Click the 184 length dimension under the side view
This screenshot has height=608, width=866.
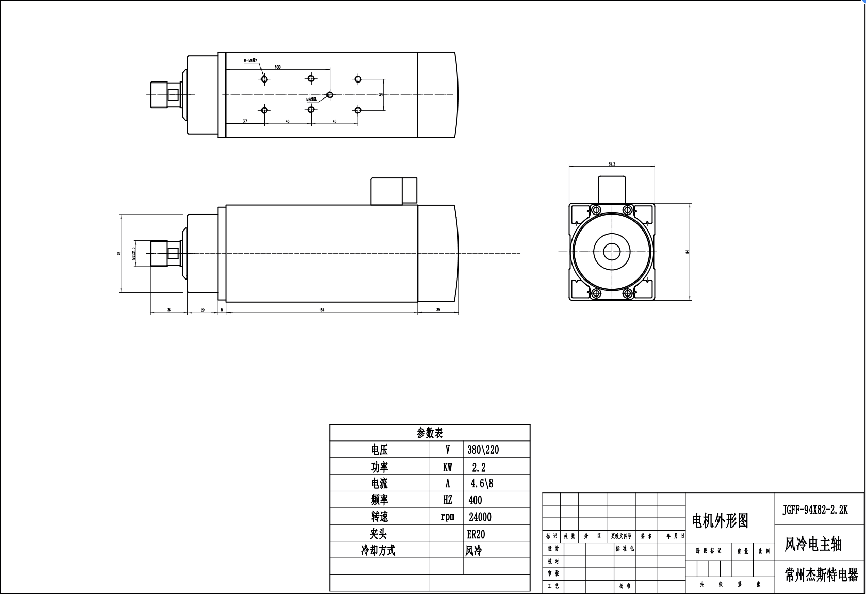click(x=321, y=310)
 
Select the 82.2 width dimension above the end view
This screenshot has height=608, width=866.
click(x=612, y=163)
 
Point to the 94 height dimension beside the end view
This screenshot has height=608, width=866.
click(x=687, y=252)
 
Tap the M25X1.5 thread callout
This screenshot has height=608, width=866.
click(x=133, y=253)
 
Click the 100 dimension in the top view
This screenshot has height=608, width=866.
click(x=277, y=67)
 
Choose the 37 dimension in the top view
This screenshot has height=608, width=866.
click(x=245, y=121)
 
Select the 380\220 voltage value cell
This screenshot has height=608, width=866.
click(x=483, y=450)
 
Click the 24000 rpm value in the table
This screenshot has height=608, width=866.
click(x=480, y=517)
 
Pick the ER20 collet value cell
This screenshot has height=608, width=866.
click(x=476, y=534)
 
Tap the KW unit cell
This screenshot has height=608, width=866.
click(x=447, y=467)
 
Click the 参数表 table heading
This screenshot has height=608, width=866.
click(x=430, y=433)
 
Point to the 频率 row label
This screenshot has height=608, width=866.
click(x=379, y=500)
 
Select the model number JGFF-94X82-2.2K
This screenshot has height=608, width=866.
click(x=814, y=510)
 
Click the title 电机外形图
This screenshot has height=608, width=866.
click(x=720, y=521)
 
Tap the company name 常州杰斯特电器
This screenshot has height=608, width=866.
click(x=821, y=575)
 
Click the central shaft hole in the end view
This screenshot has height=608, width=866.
click(x=612, y=252)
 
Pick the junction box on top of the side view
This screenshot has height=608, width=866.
click(x=394, y=191)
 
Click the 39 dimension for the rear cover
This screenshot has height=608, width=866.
click(x=438, y=310)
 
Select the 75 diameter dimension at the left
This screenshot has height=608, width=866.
click(x=119, y=253)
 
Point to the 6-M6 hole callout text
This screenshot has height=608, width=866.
click(x=250, y=60)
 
